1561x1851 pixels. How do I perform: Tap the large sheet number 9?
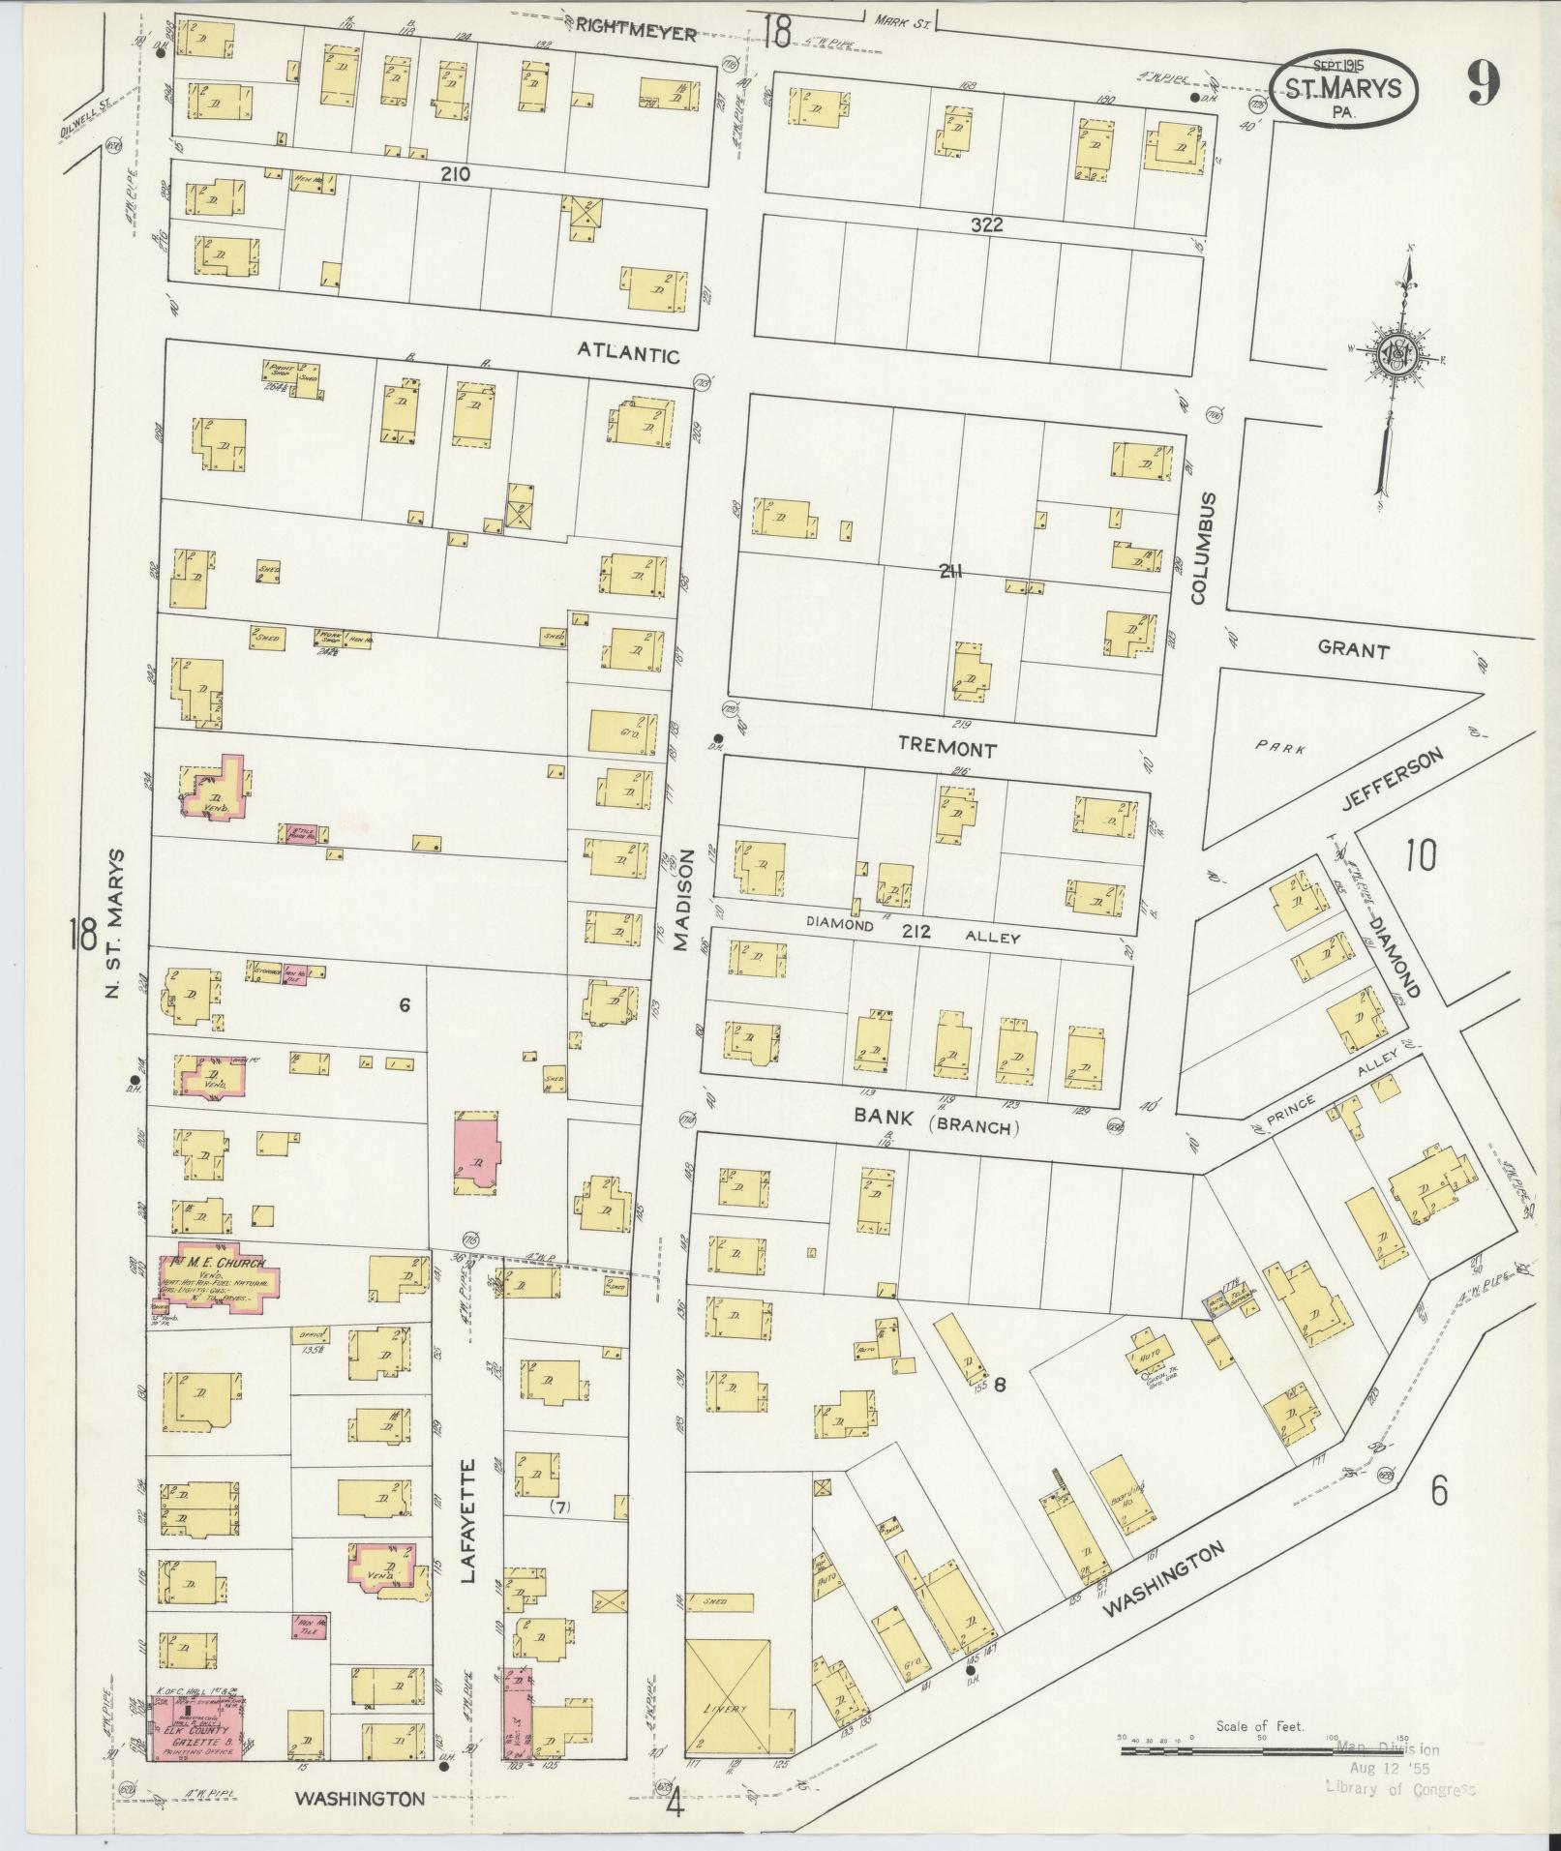click(x=1481, y=85)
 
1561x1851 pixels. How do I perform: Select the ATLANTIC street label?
click(x=628, y=355)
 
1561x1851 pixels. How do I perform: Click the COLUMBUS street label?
click(x=1203, y=548)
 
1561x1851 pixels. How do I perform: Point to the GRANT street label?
click(x=1353, y=651)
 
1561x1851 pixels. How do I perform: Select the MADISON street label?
click(x=684, y=899)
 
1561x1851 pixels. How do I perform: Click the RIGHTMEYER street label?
click(x=636, y=33)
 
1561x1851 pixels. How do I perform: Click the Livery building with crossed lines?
click(x=728, y=1700)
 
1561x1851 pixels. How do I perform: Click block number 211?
click(x=949, y=571)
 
